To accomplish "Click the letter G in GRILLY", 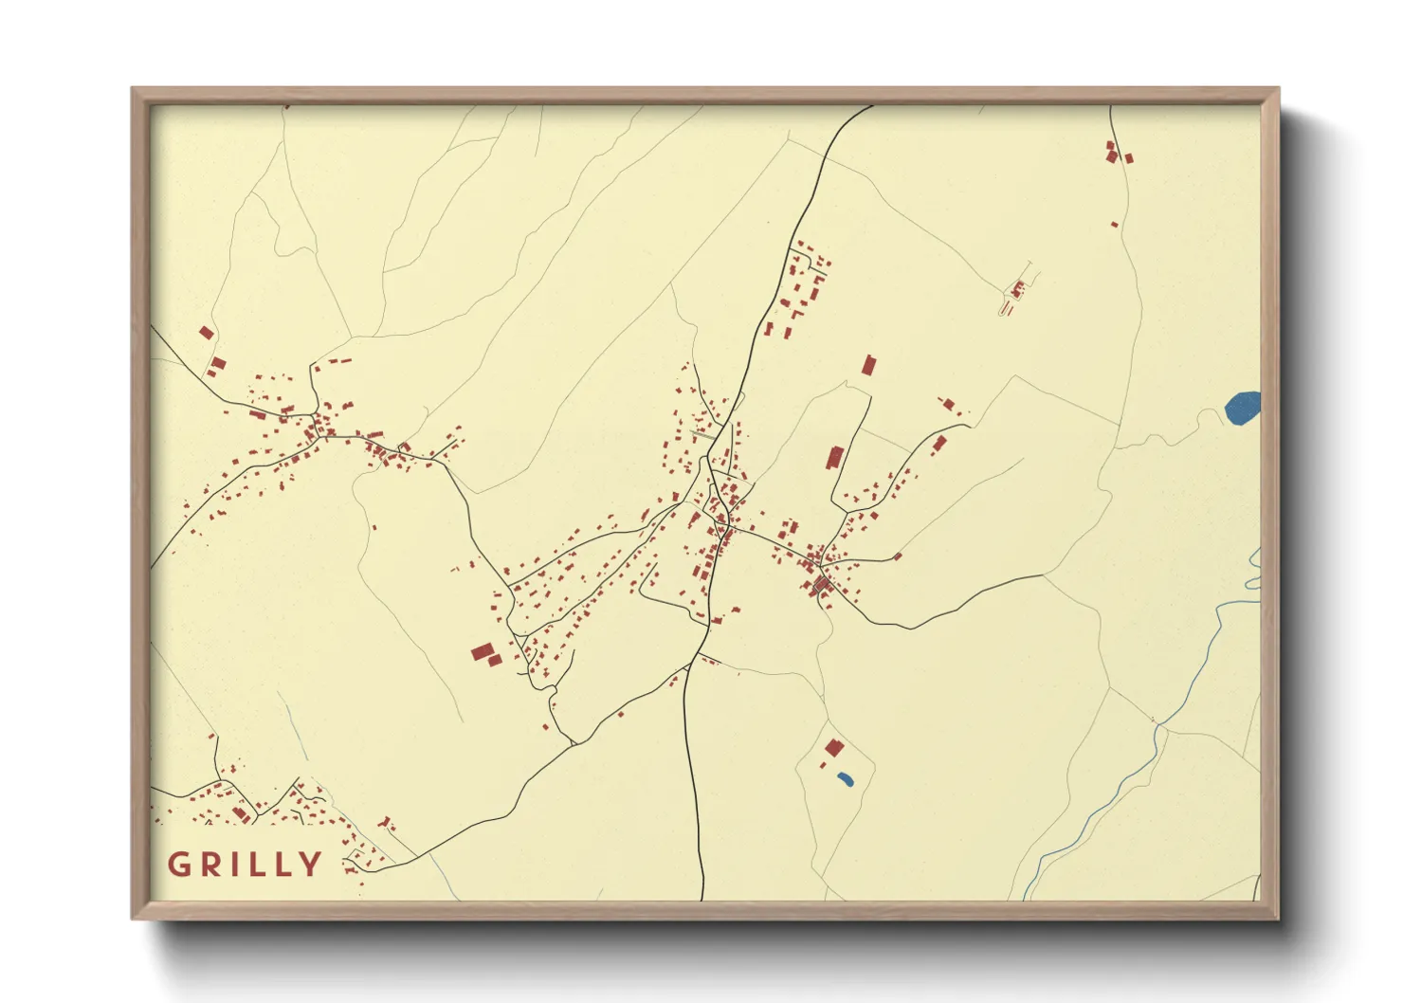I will tap(177, 865).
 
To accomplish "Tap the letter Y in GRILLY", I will tap(310, 865).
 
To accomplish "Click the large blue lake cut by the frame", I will tap(1243, 409).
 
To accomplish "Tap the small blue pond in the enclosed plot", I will tap(845, 779).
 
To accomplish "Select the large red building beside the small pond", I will tap(834, 747).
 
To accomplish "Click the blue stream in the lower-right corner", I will tap(1119, 787).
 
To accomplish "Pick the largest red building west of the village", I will tap(483, 652).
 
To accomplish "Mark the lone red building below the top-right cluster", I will tap(1114, 225).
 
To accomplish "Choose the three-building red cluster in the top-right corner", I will tap(1116, 153).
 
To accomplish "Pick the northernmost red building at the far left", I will tap(206, 333).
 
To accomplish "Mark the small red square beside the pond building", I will tap(823, 764).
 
